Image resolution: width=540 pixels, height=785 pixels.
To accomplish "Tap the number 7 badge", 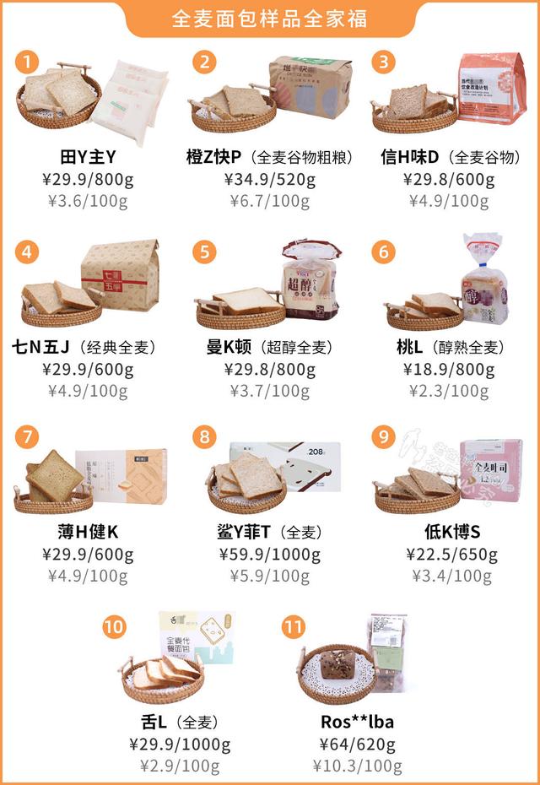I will tap(29, 436).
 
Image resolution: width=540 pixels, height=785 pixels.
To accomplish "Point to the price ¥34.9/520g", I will tap(269, 180).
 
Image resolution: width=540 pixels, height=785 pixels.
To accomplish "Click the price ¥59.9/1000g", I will tap(269, 555).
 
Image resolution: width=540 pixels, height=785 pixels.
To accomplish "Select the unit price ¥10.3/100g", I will tap(358, 766).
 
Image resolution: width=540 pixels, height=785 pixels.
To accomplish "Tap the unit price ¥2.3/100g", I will tap(448, 391).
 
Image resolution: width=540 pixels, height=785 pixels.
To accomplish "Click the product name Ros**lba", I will tap(358, 722).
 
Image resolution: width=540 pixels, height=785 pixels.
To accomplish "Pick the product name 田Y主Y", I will tap(89, 158).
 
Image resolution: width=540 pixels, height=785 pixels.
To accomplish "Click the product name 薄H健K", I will tap(89, 533).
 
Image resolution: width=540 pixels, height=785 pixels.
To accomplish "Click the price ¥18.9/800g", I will tap(448, 369).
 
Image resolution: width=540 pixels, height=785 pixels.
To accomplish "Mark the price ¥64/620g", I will tap(358, 744).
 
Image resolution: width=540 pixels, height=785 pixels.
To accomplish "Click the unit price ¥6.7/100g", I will tap(269, 201).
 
